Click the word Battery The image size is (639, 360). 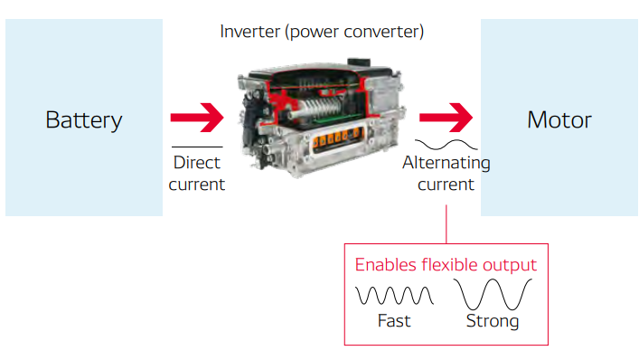point(83,119)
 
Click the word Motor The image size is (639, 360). point(559,119)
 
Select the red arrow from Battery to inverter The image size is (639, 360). point(196,117)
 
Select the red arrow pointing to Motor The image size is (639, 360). point(446,117)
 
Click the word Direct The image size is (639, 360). point(196,164)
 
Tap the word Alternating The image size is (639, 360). point(446,164)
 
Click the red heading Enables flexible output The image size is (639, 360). point(446,265)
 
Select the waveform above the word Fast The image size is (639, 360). point(394,296)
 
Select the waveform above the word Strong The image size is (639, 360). point(493,296)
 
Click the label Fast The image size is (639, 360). point(394,321)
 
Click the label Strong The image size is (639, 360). point(493,321)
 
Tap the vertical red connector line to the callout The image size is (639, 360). point(446,223)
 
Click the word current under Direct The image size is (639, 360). point(196,185)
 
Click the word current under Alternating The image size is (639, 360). point(446,185)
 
